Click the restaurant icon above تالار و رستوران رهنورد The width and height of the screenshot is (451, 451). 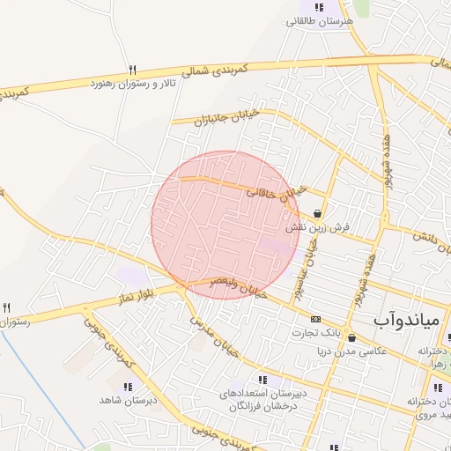tap(132, 69)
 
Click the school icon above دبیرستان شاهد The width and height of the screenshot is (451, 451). tap(128, 386)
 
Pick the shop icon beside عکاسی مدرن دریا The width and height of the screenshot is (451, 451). tap(352, 337)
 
